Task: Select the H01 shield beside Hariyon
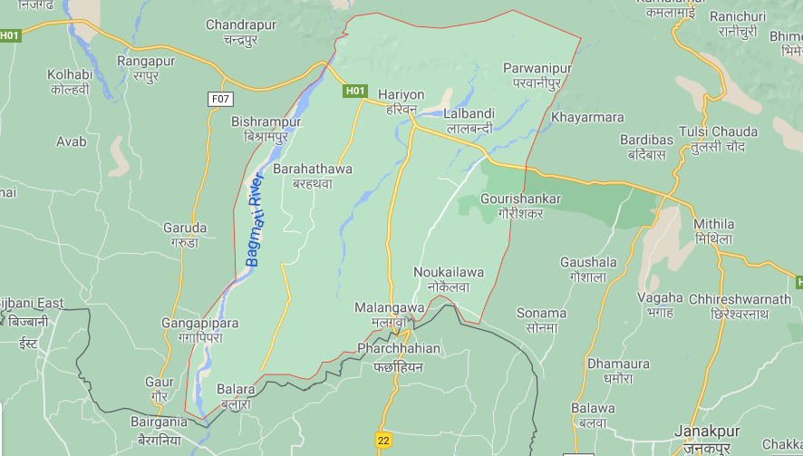[354, 91]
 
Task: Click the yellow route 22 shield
[383, 439]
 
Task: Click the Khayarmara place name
[588, 118]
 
